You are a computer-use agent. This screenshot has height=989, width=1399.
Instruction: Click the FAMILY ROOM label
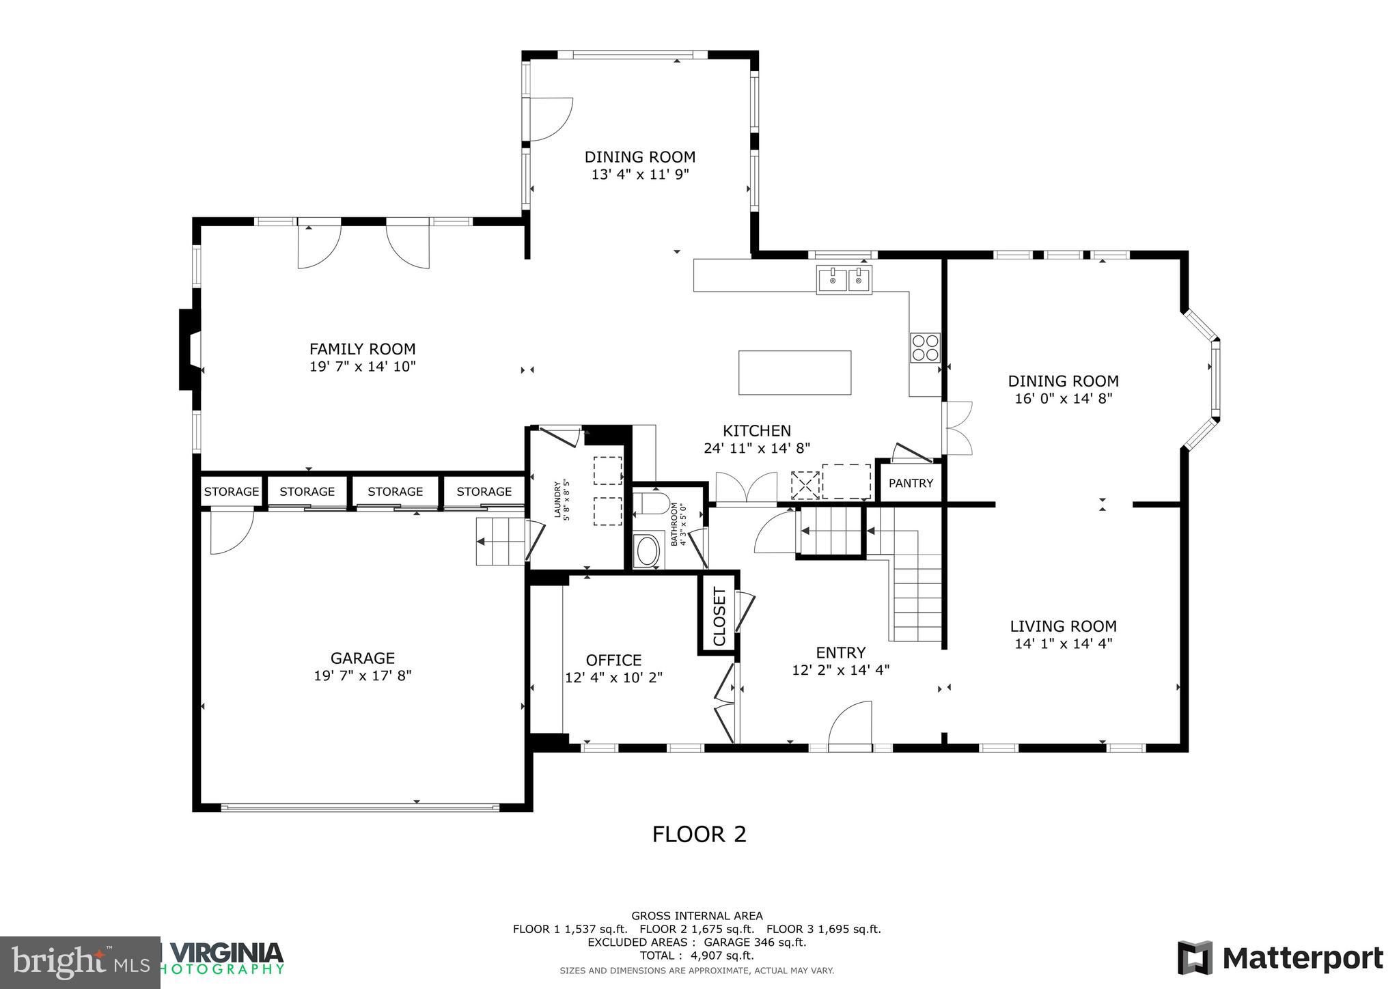click(362, 349)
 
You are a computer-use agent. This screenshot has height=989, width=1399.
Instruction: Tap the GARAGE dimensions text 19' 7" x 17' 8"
click(362, 676)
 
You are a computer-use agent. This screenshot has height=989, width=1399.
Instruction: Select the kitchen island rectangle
click(794, 372)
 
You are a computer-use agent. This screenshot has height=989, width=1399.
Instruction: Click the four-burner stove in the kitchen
click(925, 347)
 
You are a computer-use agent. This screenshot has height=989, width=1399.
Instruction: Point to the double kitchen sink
click(844, 280)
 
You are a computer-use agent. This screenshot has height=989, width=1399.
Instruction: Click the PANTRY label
click(911, 484)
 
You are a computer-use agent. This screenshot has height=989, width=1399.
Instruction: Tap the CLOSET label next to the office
click(719, 616)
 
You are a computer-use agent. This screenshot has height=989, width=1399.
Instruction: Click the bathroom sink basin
click(647, 551)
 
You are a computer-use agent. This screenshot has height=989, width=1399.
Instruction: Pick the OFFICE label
click(613, 660)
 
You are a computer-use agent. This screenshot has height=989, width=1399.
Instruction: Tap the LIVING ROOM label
click(1063, 626)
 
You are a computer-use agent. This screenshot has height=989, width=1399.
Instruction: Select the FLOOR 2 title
click(699, 835)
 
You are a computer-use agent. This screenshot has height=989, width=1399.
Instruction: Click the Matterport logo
click(1280, 958)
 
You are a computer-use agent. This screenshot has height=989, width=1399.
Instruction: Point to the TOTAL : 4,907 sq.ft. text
click(697, 956)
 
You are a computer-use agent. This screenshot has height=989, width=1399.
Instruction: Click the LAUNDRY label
click(557, 500)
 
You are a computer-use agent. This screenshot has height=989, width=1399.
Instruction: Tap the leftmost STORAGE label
click(232, 492)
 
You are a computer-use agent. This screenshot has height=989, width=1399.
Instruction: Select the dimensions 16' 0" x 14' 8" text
click(1063, 399)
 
